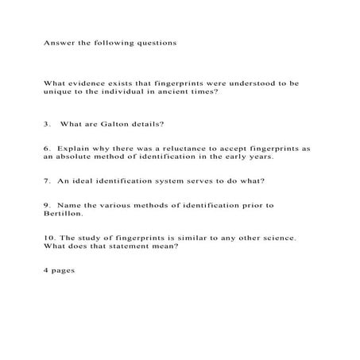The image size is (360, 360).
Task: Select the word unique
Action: pyautogui.click(x=58, y=92)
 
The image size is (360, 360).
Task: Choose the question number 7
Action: pyautogui.click(x=47, y=180)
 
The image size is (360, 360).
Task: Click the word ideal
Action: pyautogui.click(x=78, y=180)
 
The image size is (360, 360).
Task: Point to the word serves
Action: pyautogui.click(x=188, y=180)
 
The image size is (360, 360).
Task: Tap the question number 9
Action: pyautogui.click(x=47, y=204)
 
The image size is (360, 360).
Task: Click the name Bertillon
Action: pyautogui.click(x=63, y=214)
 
